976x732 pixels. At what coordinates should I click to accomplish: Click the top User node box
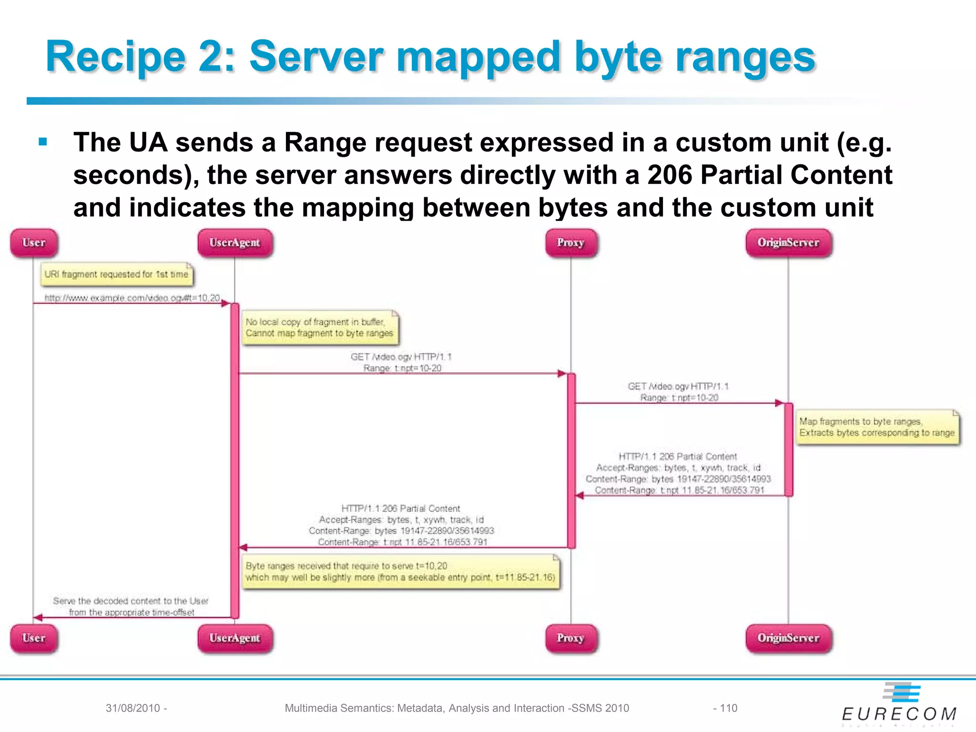point(34,243)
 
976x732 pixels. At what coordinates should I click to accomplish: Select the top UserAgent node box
point(235,243)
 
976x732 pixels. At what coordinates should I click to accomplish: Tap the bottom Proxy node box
point(571,638)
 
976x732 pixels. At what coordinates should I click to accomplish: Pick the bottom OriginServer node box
point(788,638)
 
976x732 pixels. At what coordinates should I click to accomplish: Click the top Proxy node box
point(571,243)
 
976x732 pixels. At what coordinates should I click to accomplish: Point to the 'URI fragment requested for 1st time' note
point(117,274)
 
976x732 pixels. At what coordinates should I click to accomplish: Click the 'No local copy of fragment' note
point(320,328)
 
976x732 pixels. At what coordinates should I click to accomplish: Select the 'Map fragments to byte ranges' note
point(877,427)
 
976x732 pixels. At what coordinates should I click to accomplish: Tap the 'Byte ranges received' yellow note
point(400,572)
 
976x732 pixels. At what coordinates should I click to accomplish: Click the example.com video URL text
point(132,298)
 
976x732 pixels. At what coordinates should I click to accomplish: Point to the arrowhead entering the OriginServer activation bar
point(780,403)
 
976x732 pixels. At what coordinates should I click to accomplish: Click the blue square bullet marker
point(43,142)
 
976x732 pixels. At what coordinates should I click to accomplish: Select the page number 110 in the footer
point(728,708)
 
